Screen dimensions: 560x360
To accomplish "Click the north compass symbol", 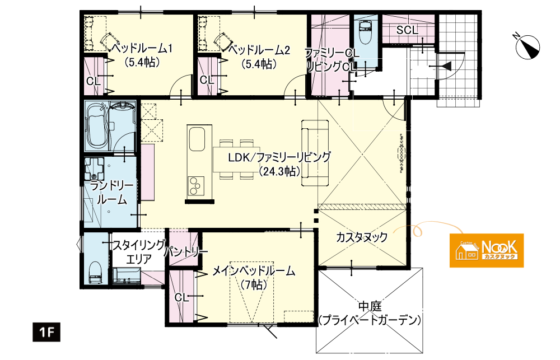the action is [528, 46].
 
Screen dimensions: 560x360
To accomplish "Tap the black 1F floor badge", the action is [46, 333].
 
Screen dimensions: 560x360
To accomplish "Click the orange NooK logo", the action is [487, 250].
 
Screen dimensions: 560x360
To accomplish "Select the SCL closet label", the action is [408, 30].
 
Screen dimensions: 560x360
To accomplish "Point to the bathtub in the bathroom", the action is [96, 127].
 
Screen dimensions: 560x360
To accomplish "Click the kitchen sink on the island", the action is [197, 139].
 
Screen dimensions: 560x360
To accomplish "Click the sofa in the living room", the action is [315, 153].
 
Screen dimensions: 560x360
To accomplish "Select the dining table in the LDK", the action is [236, 160].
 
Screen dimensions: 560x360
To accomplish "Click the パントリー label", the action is [186, 253].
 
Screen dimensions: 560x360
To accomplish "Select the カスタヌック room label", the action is [362, 237].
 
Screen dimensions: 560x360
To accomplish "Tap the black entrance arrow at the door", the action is [446, 67].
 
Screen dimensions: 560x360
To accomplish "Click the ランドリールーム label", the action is [112, 193].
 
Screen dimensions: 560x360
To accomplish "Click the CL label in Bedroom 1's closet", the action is [93, 82].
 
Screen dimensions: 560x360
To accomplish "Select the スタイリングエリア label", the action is [139, 252].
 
